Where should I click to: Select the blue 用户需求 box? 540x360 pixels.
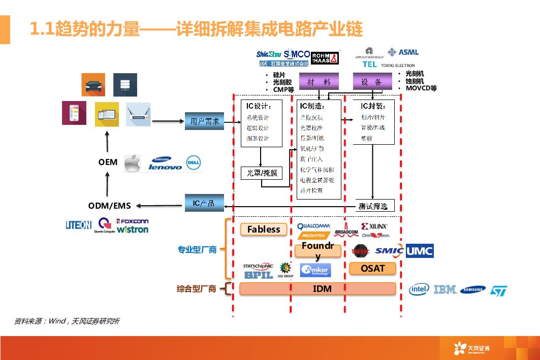(204, 121)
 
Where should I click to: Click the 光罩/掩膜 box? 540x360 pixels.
(262, 173)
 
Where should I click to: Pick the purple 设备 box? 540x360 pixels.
(371, 82)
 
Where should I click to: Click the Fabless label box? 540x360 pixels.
(264, 230)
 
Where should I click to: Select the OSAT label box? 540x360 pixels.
(372, 268)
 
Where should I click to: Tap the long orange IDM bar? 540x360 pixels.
(317, 288)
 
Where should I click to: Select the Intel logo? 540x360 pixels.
(419, 289)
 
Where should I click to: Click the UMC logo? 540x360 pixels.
(420, 251)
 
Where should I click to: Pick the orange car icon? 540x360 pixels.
(93, 85)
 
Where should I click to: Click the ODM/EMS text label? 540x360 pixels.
(109, 206)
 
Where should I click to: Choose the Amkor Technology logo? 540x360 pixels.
(315, 270)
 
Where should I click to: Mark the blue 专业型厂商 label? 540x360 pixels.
(197, 249)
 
